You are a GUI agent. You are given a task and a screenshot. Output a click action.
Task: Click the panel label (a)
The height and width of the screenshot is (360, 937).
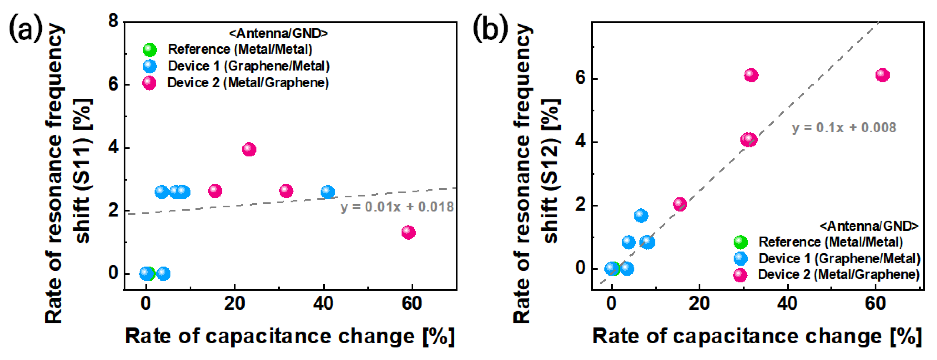[x=25, y=28]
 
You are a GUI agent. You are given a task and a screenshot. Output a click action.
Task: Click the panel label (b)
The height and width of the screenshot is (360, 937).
[x=490, y=28]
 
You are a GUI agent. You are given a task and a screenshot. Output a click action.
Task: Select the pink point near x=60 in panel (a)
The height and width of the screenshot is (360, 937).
[x=408, y=232]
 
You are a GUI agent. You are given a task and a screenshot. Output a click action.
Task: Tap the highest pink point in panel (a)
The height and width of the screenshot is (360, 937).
[x=249, y=149]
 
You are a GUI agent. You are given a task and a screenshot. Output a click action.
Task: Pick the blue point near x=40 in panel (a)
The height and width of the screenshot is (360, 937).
[x=328, y=192]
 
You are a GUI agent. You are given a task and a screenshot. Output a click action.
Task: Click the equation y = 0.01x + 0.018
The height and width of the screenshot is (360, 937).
[x=397, y=207]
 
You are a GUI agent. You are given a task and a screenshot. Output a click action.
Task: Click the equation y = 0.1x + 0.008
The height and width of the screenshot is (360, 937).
[x=844, y=128]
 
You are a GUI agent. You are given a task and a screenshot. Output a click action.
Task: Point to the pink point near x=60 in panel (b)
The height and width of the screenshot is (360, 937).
[x=882, y=75]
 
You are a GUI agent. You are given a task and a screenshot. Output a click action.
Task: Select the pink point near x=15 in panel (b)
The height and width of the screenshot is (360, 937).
[x=679, y=204]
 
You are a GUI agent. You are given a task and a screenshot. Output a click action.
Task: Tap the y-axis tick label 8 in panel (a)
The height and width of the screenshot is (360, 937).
[x=114, y=21]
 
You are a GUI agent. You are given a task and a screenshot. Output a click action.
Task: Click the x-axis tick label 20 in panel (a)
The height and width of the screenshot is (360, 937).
[x=234, y=304]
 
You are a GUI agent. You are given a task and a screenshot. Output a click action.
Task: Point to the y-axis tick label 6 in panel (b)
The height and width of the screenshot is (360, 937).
[x=581, y=78]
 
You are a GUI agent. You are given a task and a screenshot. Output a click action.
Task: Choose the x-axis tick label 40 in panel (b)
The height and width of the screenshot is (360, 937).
[x=787, y=304]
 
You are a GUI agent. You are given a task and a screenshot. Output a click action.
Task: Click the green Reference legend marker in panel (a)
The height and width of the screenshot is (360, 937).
[x=149, y=49]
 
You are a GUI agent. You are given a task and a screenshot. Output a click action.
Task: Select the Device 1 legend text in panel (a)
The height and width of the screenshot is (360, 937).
[x=249, y=66]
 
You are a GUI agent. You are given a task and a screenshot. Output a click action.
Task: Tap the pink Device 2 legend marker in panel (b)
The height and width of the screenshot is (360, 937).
[x=740, y=275]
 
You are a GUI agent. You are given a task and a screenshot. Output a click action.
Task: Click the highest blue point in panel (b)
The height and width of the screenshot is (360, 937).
[x=641, y=216]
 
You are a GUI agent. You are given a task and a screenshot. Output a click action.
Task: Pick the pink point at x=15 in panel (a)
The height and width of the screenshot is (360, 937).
[x=215, y=190]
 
